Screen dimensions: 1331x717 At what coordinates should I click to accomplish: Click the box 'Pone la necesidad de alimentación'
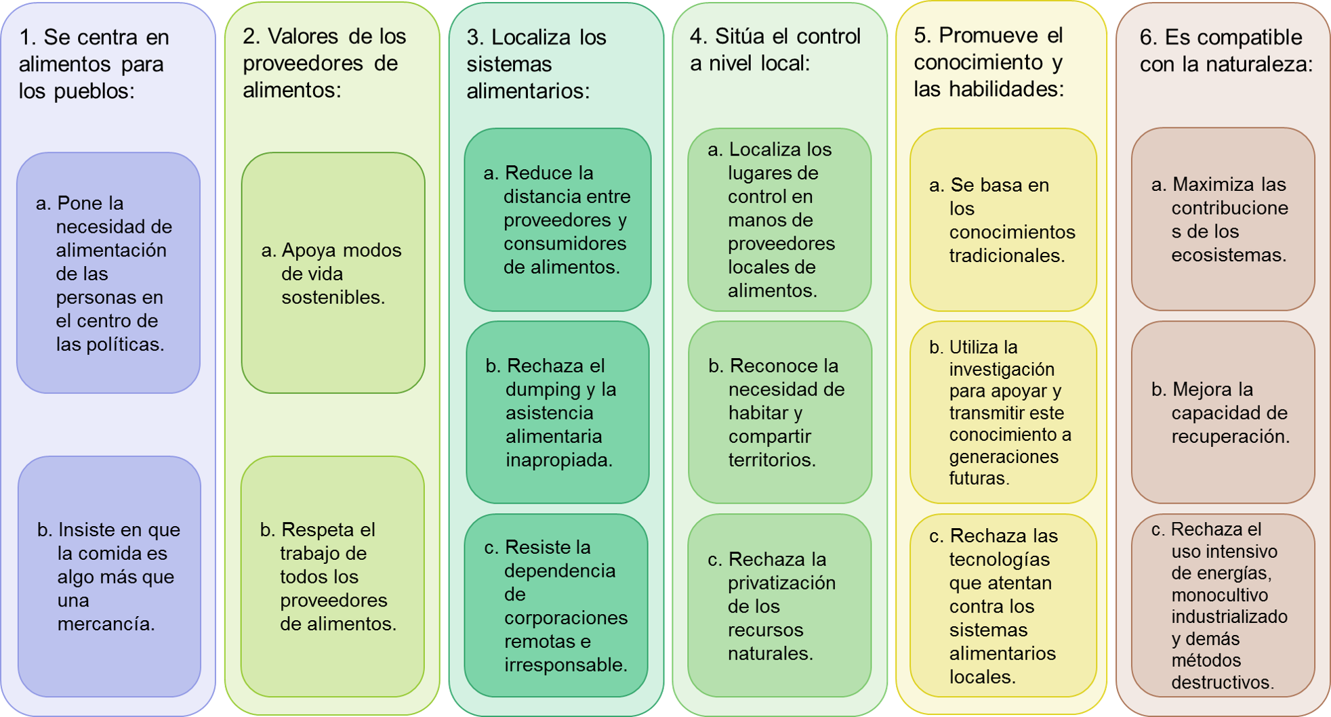[x=108, y=273]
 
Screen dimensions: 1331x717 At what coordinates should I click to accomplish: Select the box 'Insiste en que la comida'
[x=109, y=576]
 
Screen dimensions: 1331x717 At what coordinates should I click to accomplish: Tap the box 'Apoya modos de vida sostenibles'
[x=333, y=273]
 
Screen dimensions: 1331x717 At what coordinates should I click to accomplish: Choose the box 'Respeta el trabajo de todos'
[x=333, y=576]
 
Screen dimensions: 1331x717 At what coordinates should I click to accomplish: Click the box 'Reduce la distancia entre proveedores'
[x=558, y=219]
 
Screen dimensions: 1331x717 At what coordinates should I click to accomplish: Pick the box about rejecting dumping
[x=558, y=412]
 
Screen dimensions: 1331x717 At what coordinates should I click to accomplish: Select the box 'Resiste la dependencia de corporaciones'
[x=556, y=605]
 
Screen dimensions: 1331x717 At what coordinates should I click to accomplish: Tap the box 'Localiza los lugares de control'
[x=779, y=219]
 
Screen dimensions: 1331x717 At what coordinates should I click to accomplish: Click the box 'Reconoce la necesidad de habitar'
[x=780, y=412]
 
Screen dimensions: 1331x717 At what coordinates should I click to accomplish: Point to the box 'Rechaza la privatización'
[x=779, y=605]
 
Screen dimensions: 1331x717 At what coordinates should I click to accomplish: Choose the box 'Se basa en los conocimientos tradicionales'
[x=1003, y=219]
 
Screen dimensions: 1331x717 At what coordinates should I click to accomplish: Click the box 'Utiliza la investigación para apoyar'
[x=1003, y=412]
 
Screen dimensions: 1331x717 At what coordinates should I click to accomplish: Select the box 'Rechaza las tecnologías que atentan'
[x=1003, y=605]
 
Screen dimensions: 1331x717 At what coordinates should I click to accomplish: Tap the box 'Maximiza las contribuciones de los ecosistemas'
[x=1223, y=219]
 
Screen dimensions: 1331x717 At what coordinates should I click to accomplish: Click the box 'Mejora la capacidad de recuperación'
[x=1223, y=412]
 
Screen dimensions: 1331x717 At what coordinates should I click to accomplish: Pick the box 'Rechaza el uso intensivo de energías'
[x=1223, y=605]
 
